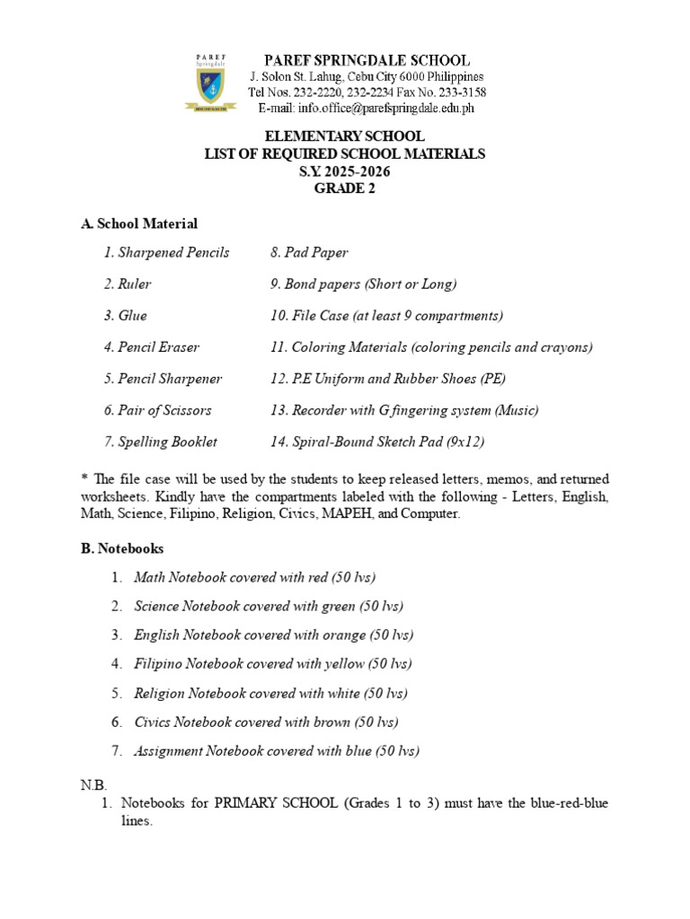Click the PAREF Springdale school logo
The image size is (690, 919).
[216, 83]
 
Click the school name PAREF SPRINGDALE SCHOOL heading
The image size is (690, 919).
[366, 60]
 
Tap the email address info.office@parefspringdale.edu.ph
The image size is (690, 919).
[366, 109]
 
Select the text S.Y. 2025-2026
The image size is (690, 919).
[345, 171]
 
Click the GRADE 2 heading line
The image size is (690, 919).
[345, 188]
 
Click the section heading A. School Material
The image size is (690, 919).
[139, 223]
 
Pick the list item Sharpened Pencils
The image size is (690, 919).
[166, 253]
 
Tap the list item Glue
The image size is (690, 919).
[125, 316]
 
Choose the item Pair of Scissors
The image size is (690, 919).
[157, 410]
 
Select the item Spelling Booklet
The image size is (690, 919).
[160, 442]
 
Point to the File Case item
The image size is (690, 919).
[386, 316]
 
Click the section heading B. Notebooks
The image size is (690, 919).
[122, 547]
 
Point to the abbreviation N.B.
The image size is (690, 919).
[94, 785]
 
